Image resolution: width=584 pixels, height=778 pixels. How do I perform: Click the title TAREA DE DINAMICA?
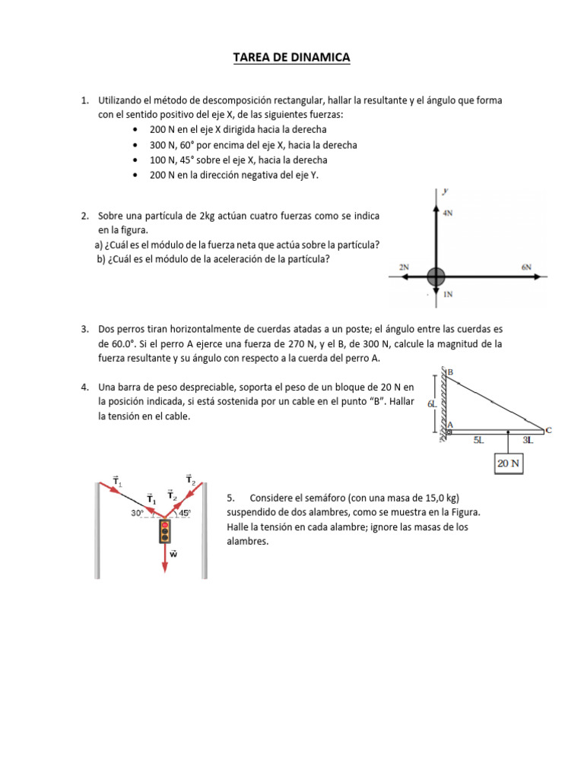coord(291,58)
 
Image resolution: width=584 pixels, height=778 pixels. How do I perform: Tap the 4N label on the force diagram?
coord(448,213)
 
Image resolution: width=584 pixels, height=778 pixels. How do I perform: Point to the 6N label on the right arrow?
coord(526,267)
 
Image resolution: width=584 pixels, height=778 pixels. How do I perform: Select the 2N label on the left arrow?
coord(404,267)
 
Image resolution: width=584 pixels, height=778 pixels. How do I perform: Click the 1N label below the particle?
coord(448,294)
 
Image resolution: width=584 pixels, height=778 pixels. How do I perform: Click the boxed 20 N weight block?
coord(509,463)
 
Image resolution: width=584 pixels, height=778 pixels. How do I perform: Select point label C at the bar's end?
coord(548,430)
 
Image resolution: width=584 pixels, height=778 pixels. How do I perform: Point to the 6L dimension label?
coord(431,404)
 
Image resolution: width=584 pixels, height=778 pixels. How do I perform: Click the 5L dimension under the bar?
coord(478,440)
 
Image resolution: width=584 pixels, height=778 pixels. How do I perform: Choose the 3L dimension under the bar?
coord(527,440)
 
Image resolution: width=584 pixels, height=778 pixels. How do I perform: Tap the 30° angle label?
coord(138,512)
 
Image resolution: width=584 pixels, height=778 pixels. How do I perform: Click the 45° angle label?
coord(184,512)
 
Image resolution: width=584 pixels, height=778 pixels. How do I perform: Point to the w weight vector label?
coord(173,555)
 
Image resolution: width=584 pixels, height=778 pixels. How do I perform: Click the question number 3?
coord(84,329)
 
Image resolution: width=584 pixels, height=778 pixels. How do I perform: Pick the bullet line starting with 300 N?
coord(243,144)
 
